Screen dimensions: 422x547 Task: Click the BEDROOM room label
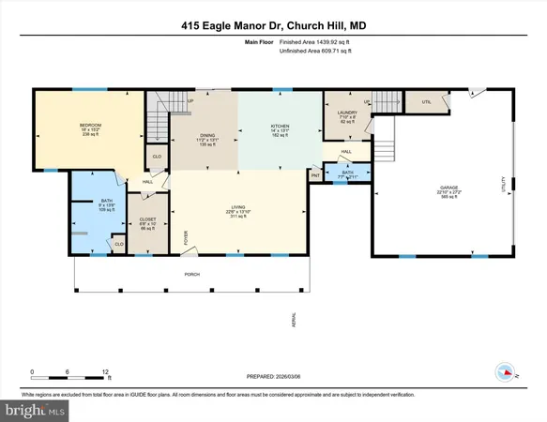pyautogui.click(x=90, y=126)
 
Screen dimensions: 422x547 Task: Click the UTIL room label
pyautogui.click(x=426, y=101)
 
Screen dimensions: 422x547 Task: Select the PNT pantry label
pyautogui.click(x=315, y=174)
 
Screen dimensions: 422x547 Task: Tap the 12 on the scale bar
pyautogui.click(x=105, y=372)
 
